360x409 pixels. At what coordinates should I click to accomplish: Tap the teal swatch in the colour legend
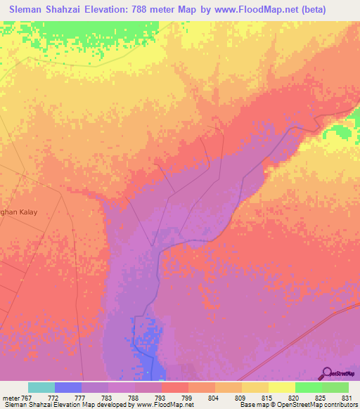[41, 387]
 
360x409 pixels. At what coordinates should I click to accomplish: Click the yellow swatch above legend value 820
[281, 387]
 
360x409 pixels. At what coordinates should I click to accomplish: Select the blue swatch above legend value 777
[68, 387]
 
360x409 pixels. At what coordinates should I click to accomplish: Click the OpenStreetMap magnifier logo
[326, 373]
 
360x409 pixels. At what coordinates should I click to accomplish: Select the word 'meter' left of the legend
[13, 397]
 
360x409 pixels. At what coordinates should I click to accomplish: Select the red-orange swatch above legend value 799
[174, 387]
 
